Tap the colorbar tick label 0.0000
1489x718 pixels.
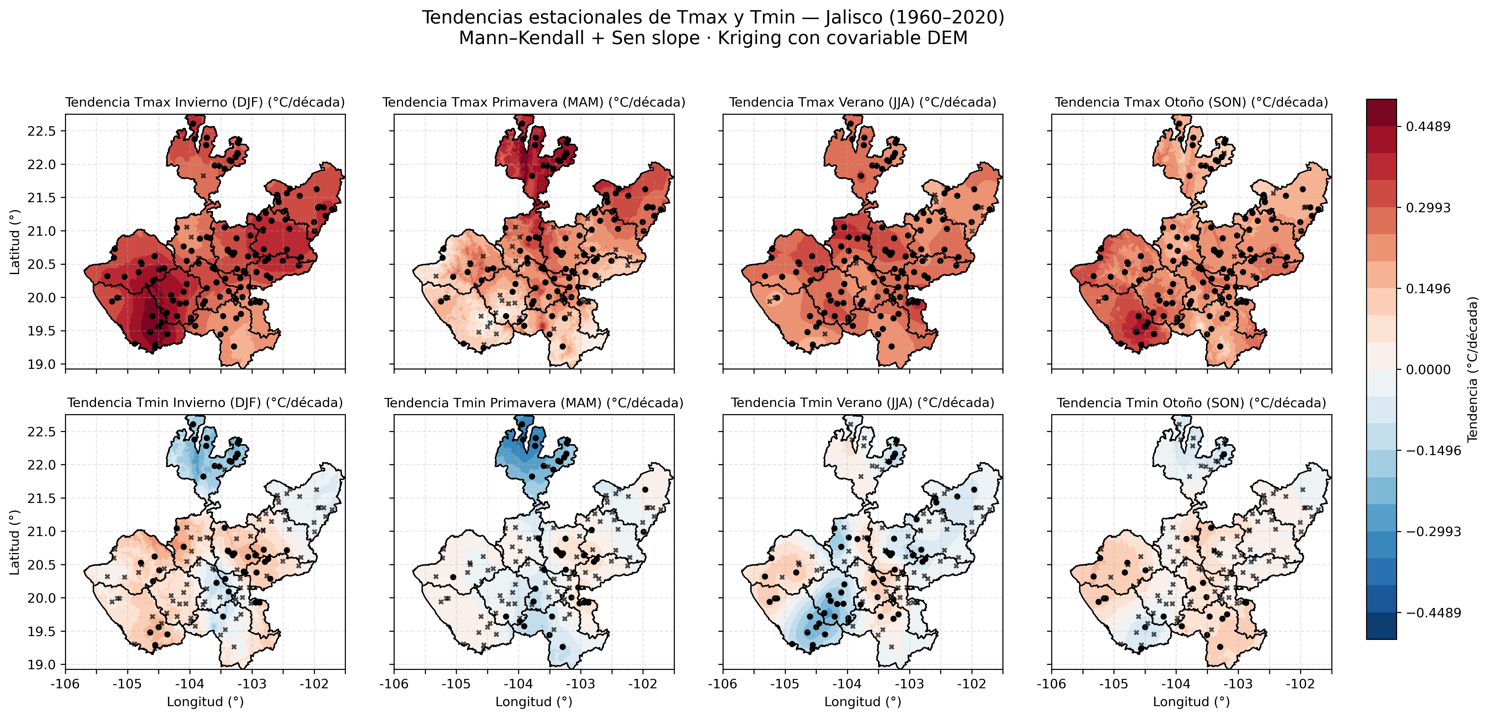[x=1428, y=370]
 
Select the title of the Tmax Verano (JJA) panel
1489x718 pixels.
[x=862, y=102]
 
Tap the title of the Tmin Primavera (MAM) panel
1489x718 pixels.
[x=533, y=403]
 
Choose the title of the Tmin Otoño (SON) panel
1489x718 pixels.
[x=1191, y=403]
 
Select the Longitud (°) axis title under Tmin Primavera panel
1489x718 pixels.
[x=533, y=702]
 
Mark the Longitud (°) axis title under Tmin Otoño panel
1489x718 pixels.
[x=1191, y=702]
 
